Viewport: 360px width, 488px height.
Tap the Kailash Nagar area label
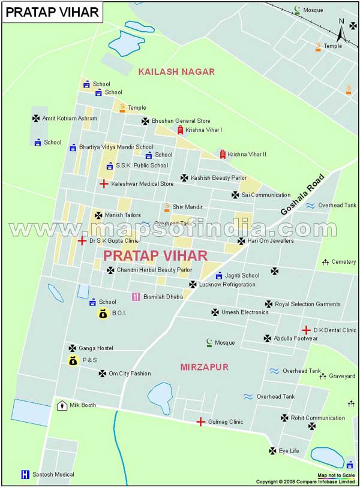[176, 71]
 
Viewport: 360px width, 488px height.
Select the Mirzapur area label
[204, 367]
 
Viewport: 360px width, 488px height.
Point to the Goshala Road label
[302, 195]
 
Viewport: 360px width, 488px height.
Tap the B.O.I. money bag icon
[103, 313]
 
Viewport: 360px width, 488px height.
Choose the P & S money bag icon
[73, 360]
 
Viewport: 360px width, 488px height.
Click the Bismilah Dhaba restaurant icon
[136, 297]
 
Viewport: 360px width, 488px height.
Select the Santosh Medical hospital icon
[25, 474]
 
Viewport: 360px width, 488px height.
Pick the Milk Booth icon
[62, 405]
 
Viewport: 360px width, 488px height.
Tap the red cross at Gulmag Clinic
[200, 422]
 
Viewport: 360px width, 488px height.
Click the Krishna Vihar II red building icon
[223, 154]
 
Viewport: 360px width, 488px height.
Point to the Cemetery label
[343, 262]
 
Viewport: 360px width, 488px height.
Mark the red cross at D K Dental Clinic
[306, 330]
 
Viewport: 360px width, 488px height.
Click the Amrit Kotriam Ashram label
[69, 119]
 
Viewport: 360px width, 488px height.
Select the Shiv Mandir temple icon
[167, 207]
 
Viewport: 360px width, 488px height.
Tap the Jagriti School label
[242, 276]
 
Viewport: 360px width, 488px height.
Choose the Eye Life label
[289, 450]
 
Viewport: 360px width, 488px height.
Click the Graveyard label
[341, 376]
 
